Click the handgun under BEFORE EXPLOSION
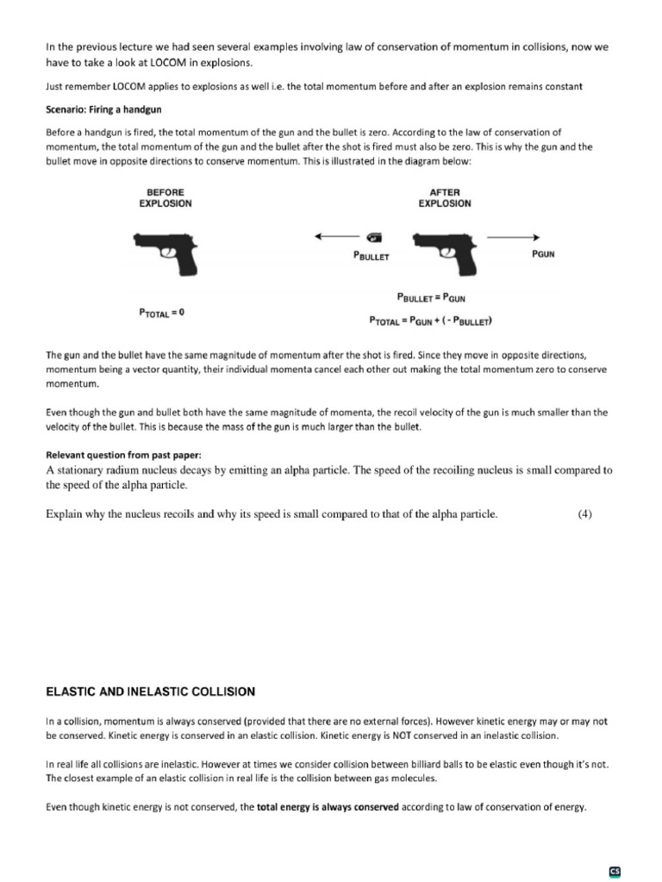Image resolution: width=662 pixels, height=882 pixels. [165, 252]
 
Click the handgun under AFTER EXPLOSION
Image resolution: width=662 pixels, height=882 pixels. [446, 252]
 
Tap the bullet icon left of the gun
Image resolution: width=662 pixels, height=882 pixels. [373, 237]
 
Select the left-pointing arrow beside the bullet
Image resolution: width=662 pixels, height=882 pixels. [336, 237]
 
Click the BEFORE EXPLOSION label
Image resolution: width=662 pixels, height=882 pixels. [165, 198]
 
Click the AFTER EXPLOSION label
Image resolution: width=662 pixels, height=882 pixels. [445, 198]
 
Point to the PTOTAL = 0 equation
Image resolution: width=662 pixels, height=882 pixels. [161, 314]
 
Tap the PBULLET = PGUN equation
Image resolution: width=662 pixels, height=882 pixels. [431, 297]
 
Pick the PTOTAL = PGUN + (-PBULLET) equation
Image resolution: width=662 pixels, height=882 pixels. [431, 321]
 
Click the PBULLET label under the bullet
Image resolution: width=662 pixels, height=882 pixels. [372, 257]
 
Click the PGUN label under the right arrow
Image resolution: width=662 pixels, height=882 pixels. [540, 256]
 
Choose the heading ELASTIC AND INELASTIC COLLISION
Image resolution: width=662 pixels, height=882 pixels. [150, 692]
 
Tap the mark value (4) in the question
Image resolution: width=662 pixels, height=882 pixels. [584, 515]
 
